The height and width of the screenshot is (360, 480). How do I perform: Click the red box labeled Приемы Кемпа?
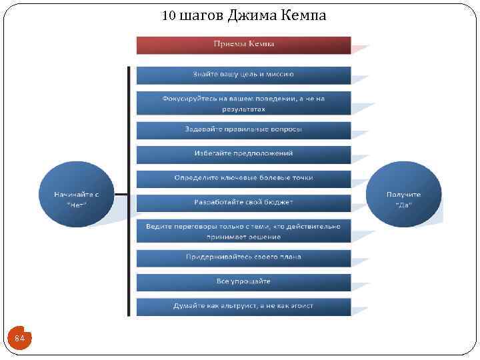pyautogui.click(x=243, y=45)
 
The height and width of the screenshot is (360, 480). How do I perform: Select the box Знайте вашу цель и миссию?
pyautogui.click(x=243, y=75)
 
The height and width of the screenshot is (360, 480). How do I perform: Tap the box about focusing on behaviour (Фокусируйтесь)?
pyautogui.click(x=243, y=103)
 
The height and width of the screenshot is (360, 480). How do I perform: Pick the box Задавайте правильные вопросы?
pyautogui.click(x=243, y=129)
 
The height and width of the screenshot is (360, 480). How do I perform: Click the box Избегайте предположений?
pyautogui.click(x=243, y=154)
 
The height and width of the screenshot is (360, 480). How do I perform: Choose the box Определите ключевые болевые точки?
pyautogui.click(x=243, y=178)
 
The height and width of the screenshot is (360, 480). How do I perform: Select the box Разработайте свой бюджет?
pyautogui.click(x=243, y=202)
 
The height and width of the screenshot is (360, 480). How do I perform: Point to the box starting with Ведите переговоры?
pyautogui.click(x=243, y=231)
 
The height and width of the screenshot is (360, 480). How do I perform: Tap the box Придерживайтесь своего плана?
pyautogui.click(x=243, y=257)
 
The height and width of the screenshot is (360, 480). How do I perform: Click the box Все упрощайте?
pyautogui.click(x=243, y=281)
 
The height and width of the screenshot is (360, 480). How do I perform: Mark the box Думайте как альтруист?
pyautogui.click(x=243, y=306)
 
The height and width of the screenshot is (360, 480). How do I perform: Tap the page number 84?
pyautogui.click(x=19, y=339)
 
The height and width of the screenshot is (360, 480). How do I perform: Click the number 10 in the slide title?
pyautogui.click(x=169, y=15)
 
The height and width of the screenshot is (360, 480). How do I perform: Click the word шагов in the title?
pyautogui.click(x=201, y=15)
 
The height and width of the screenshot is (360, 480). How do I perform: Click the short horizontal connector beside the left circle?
pyautogui.click(x=121, y=195)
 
